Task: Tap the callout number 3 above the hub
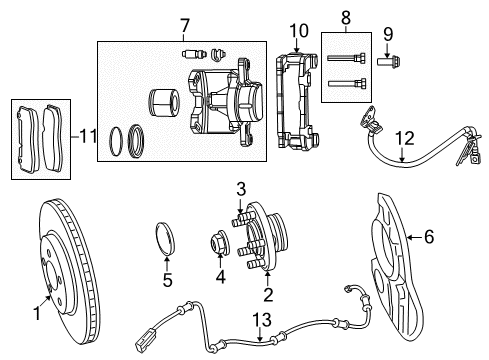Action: [240, 188]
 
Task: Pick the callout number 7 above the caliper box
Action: [183, 25]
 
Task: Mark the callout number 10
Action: [298, 30]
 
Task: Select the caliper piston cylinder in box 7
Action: [162, 105]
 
